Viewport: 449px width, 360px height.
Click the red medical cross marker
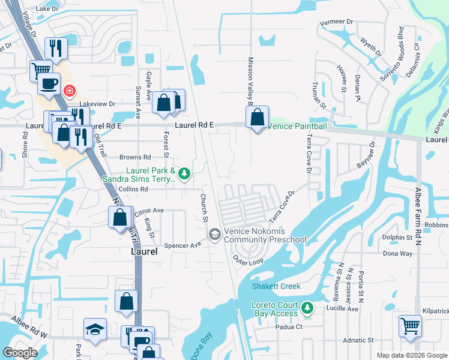[x=70, y=91]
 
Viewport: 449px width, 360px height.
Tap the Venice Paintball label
[x=297, y=126]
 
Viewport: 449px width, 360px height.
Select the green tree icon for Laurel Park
[x=185, y=175]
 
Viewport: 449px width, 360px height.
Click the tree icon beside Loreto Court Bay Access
[x=307, y=308]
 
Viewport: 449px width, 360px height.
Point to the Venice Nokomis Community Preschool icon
[x=214, y=235]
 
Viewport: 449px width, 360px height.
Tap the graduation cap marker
[x=94, y=329]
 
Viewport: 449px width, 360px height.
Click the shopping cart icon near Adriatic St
[x=409, y=327]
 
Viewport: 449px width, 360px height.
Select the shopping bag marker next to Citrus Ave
[x=120, y=217]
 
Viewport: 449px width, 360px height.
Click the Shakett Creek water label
[x=276, y=286]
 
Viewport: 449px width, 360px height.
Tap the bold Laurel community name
[x=144, y=253]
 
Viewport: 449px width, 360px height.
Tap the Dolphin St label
[x=398, y=238]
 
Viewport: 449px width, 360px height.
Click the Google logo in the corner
[x=20, y=353]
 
